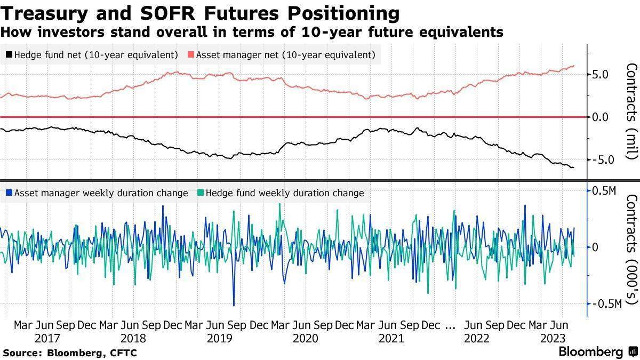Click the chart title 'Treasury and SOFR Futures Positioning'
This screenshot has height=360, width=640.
[x=200, y=12]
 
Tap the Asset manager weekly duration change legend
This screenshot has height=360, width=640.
[x=97, y=193]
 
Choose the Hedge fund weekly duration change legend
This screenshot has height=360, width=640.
[x=281, y=193]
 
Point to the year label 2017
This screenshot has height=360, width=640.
[x=48, y=338]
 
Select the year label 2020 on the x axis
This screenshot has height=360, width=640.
[x=306, y=338]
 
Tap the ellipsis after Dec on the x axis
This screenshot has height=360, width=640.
[x=450, y=325]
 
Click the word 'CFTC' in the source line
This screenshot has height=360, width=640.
[x=124, y=353]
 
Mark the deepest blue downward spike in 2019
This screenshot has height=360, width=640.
[x=234, y=305]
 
